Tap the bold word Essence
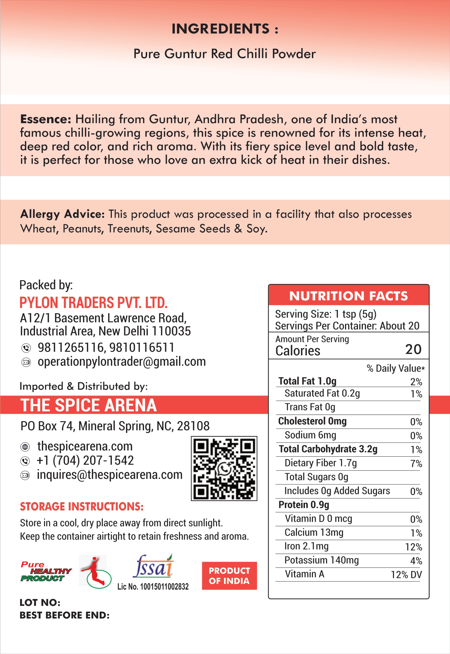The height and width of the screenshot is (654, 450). point(45,119)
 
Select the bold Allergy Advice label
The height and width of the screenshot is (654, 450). point(62,214)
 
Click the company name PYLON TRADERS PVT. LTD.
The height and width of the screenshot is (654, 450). point(93,303)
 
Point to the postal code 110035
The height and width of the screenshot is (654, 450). point(171,331)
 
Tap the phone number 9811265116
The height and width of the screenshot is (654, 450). point(71,347)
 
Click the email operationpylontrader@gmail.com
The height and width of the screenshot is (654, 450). point(121,362)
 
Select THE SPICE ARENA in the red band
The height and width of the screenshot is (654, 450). point(89,405)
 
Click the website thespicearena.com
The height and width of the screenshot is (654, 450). point(85,446)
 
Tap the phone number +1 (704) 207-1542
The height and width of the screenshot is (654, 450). point(85,461)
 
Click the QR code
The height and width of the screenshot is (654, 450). point(224,469)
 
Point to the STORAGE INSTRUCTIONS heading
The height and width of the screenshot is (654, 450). point(82,507)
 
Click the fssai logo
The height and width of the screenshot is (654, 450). point(153,566)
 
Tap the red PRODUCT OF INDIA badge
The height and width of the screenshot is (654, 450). point(229,576)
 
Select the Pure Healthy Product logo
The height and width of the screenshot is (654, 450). point(46,571)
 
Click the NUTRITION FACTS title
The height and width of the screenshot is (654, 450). point(349,296)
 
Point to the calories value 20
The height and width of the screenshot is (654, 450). point(413,349)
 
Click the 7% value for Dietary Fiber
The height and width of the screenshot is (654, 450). point(416,464)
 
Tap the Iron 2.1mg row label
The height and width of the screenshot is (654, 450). point(306,546)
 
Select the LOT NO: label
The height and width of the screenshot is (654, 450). point(40,603)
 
